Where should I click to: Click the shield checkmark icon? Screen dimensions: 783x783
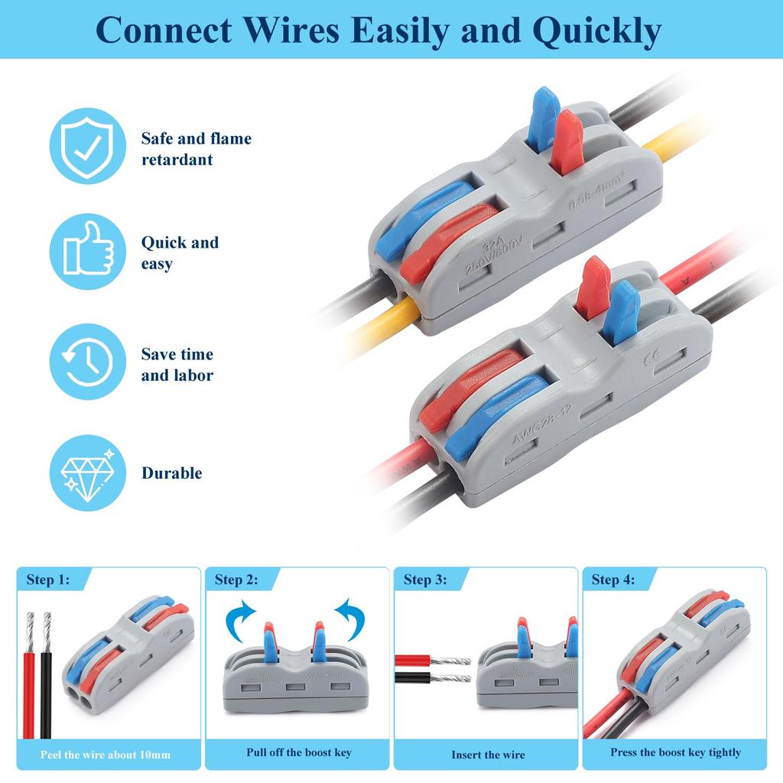[x=88, y=145]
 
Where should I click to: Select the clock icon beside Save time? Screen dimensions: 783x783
[x=88, y=362]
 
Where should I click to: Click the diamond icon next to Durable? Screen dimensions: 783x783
[x=88, y=473]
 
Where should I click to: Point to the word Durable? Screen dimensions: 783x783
[x=172, y=473]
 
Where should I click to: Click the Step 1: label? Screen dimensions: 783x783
[x=47, y=580]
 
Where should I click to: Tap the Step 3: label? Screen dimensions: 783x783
[x=424, y=580]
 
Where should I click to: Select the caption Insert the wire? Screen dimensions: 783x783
[x=488, y=755]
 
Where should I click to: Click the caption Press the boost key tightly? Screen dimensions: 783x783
[x=675, y=752]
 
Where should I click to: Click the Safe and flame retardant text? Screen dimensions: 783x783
[x=196, y=149]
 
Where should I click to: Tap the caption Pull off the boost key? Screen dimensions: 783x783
[x=299, y=752]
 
